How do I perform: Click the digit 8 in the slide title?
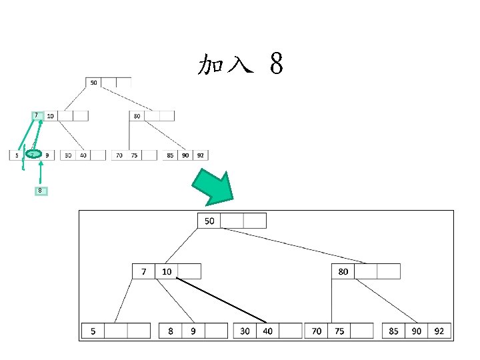[x=277, y=65]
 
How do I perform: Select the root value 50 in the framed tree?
[x=209, y=221]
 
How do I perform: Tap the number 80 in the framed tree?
[x=343, y=271]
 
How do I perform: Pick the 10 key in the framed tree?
[x=167, y=271]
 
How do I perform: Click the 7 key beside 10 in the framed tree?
[x=143, y=271]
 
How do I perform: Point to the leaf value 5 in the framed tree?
[x=93, y=331]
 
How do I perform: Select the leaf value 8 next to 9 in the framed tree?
[x=171, y=331]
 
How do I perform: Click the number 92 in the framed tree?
[x=439, y=331]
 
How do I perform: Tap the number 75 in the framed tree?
[x=339, y=331]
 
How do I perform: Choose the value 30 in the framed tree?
[x=245, y=331]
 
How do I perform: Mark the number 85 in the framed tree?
[x=394, y=331]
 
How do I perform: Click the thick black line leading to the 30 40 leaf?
[x=221, y=301]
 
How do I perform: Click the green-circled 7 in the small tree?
[x=32, y=155]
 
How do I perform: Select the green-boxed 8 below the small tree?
[x=41, y=191]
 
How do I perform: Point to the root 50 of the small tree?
[x=93, y=83]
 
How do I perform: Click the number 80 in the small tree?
[x=137, y=116]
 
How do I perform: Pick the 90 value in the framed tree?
[x=417, y=331]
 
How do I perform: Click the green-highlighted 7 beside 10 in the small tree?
[x=36, y=115]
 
